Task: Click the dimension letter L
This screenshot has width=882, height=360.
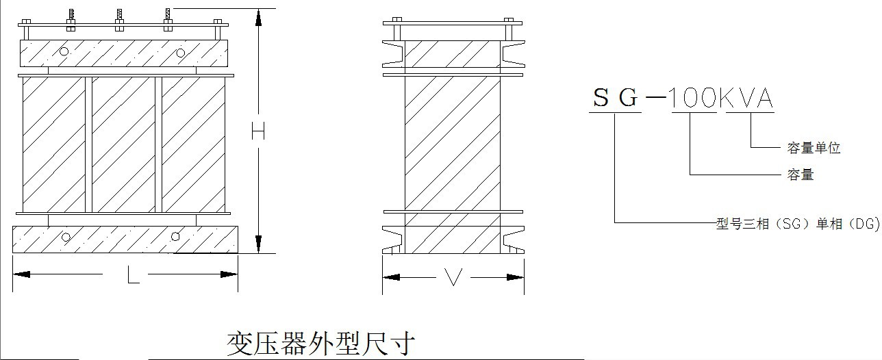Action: click(134, 275)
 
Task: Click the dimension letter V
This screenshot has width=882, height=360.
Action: click(453, 277)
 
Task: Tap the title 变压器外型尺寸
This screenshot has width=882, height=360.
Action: click(320, 343)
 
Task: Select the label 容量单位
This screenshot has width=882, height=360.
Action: click(814, 148)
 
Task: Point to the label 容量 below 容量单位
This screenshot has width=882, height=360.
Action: click(801, 175)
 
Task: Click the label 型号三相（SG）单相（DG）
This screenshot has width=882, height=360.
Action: click(798, 224)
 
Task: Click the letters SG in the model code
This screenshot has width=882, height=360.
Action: click(616, 99)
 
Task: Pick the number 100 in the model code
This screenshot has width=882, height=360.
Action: click(692, 99)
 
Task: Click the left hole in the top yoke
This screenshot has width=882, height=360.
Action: click(64, 51)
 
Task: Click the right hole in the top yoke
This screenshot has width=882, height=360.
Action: click(181, 53)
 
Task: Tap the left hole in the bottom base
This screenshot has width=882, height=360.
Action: click(66, 237)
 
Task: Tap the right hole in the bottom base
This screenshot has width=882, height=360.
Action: click(175, 237)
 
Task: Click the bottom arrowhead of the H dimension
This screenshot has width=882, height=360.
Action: click(258, 244)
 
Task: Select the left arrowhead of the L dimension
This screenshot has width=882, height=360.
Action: click(22, 274)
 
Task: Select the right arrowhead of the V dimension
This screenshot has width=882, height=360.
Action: click(516, 277)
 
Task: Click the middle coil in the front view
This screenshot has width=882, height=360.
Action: click(123, 144)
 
